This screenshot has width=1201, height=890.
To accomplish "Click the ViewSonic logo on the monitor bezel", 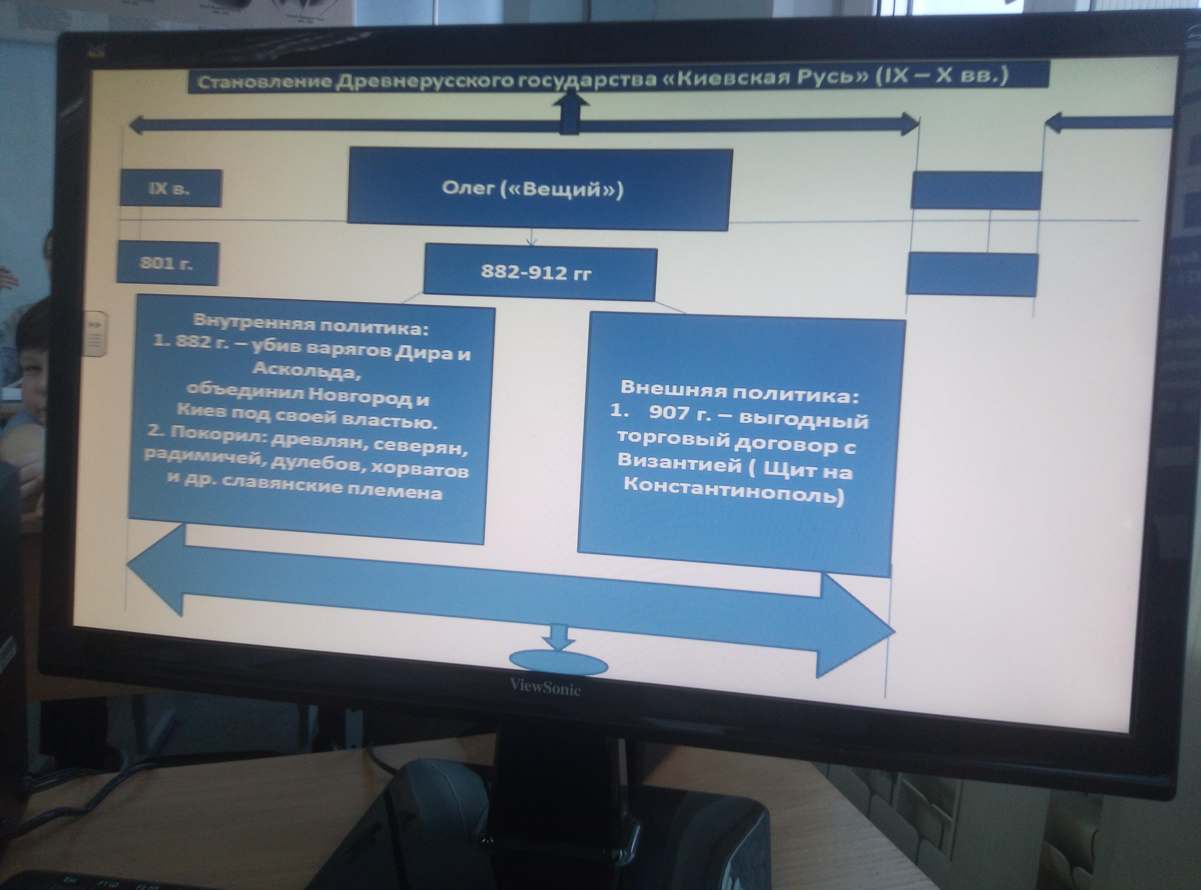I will click(x=545, y=687).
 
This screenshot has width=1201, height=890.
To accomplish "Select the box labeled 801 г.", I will click(x=167, y=264).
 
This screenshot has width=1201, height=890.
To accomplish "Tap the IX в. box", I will click(x=170, y=189).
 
